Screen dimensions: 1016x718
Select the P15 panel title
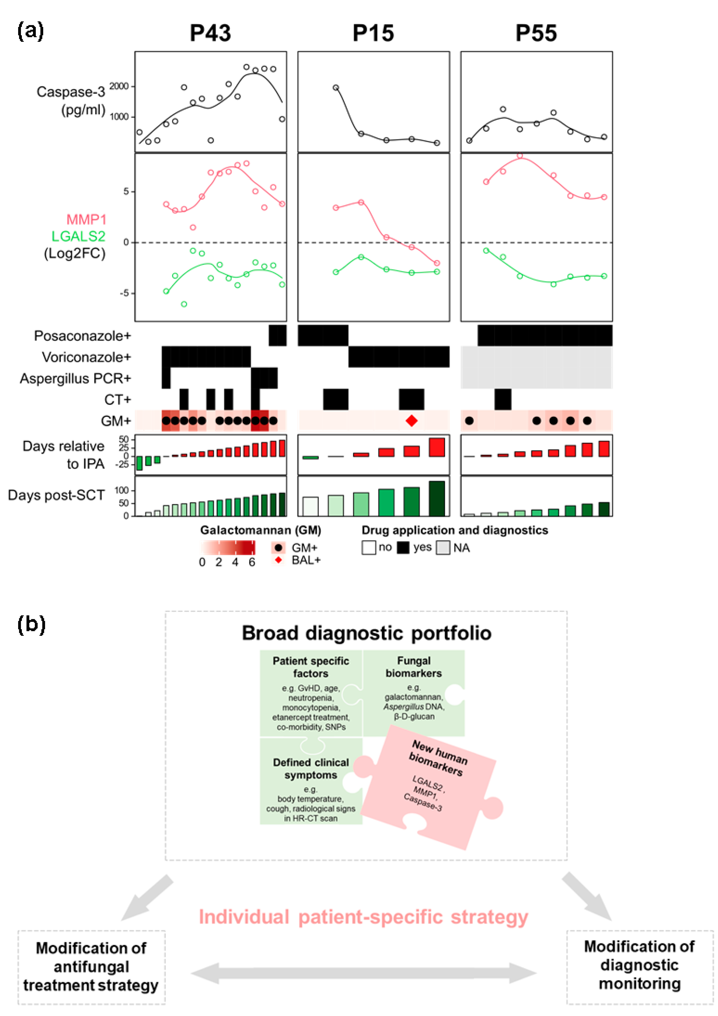click(x=373, y=33)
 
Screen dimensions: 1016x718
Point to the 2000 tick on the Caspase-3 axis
click(x=119, y=86)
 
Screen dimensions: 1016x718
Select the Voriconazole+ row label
click(x=86, y=357)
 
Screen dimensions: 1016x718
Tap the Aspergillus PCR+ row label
click(x=75, y=378)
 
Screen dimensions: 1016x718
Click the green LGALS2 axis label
click(x=78, y=236)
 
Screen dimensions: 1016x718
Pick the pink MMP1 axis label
click(x=86, y=219)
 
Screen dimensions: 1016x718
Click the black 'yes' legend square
click(x=403, y=548)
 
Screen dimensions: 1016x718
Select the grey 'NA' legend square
click(x=443, y=548)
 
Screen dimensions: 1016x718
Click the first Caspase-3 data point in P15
click(x=336, y=88)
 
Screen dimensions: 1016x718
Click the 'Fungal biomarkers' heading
click(x=413, y=667)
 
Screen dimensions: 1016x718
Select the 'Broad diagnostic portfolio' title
click(x=367, y=633)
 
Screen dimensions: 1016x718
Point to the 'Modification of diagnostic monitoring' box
click(x=639, y=965)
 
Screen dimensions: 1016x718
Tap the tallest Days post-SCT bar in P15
click(x=437, y=498)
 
